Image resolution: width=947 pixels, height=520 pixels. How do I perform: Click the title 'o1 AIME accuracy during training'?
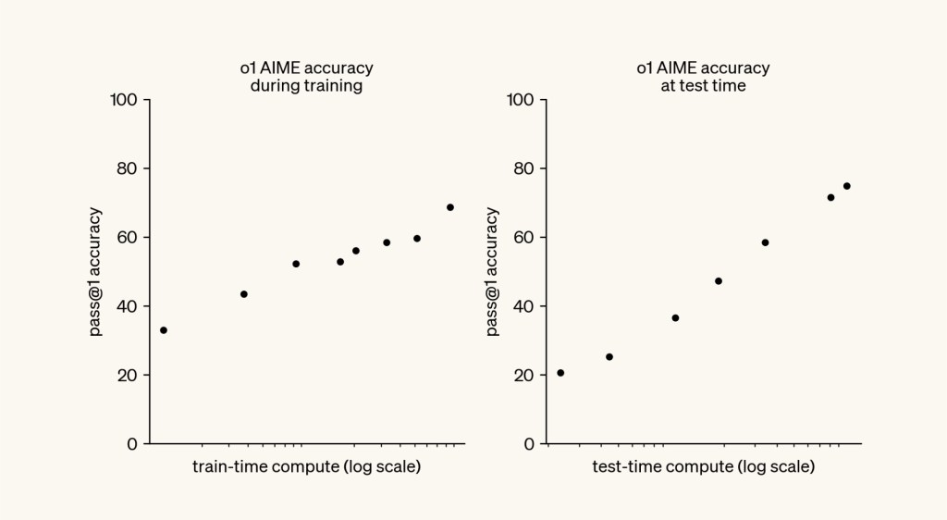306,77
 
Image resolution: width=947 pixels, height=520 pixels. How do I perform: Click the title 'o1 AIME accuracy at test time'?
703,77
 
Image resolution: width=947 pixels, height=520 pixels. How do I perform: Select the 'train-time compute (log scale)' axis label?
306,466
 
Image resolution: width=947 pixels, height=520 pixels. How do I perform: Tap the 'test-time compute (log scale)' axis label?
703,466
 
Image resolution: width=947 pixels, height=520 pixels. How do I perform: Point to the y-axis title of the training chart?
96,271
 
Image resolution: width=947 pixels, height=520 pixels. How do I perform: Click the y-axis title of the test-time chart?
492,271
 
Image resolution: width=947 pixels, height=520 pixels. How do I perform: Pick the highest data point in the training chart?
450,207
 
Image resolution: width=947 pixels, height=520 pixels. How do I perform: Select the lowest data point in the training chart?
164,330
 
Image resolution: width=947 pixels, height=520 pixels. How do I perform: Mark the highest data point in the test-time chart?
846,186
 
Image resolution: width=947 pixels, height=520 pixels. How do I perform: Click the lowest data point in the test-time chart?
560,373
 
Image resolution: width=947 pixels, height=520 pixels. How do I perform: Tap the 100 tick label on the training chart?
123,100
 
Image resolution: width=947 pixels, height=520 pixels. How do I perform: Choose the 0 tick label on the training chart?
131,444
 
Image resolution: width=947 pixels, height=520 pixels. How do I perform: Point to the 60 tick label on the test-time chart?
524,238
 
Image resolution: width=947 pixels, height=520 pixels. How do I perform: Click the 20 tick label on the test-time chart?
524,376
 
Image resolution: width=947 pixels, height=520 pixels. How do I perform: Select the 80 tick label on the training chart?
127,168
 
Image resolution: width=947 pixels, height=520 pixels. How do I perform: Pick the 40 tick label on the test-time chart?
524,306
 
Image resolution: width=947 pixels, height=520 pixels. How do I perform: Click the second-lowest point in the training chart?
244,294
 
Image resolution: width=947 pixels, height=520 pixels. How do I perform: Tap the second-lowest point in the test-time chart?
609,357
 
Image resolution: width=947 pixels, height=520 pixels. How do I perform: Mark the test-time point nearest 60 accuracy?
765,242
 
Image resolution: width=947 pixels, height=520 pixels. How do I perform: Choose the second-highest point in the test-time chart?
830,197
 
